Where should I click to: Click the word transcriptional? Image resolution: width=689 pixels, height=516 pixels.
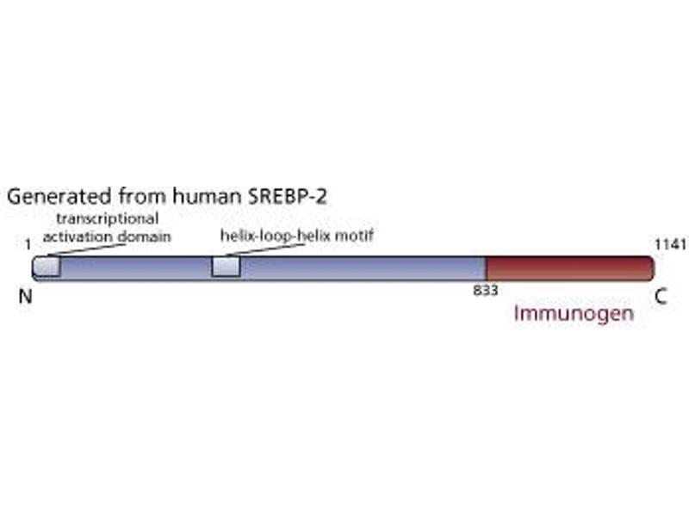click(x=108, y=218)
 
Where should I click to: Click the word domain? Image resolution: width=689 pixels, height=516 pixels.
click(x=144, y=236)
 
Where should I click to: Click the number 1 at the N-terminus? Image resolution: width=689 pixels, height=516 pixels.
click(x=28, y=245)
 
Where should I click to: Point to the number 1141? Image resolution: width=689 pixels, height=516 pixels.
click(x=671, y=245)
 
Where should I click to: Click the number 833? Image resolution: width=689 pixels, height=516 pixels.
click(x=485, y=290)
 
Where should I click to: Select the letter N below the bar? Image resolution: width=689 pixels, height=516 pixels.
click(x=26, y=298)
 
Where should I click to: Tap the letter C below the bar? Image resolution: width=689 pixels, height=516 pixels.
click(x=660, y=298)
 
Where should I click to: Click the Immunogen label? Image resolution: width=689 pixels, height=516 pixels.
click(x=574, y=314)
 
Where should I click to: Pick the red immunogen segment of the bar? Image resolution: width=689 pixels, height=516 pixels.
click(x=568, y=267)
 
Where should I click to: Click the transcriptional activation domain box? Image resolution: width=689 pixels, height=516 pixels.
click(x=47, y=267)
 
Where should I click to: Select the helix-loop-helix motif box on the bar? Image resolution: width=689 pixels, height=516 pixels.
click(x=226, y=267)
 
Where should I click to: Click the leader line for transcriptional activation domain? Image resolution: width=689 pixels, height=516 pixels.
click(x=86, y=249)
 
